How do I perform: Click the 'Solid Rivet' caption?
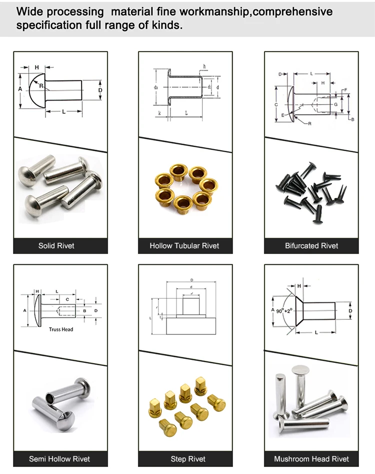coord(56,246)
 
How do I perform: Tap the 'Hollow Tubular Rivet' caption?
coord(184,246)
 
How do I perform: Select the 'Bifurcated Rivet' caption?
coord(311,246)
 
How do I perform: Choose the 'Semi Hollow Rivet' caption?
coord(59,459)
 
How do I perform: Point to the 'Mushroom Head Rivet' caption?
coord(311,459)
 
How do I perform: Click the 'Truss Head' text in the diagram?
coord(61,329)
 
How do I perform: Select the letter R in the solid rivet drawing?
coord(41,87)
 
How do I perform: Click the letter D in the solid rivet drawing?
coord(100,90)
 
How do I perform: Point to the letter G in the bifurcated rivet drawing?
coord(335,105)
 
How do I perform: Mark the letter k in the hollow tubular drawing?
coord(158,114)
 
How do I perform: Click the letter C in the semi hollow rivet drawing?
coord(67,299)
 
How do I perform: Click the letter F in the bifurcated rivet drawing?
coord(344,90)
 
